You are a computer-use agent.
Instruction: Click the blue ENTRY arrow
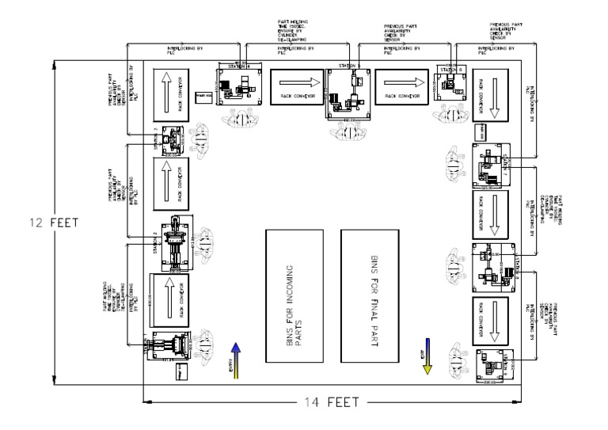tap(234, 359)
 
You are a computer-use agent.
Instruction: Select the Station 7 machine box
tap(489, 165)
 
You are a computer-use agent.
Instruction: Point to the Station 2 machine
tap(173, 238)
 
